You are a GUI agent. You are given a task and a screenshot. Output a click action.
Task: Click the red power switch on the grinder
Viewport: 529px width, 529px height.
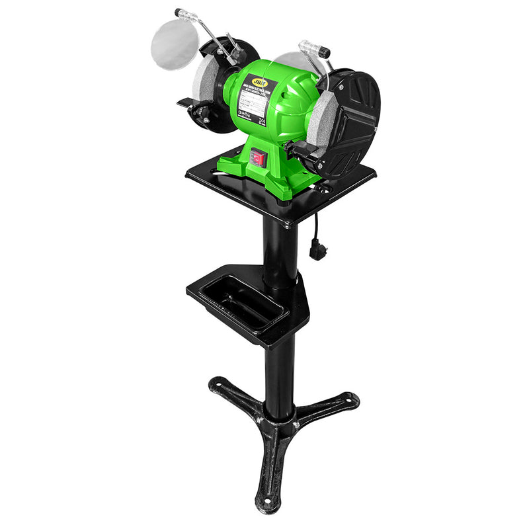258,157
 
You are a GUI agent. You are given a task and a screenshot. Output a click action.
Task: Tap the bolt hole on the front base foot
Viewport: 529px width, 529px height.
267,504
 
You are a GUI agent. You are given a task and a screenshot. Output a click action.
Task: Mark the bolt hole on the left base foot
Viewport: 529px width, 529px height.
217,382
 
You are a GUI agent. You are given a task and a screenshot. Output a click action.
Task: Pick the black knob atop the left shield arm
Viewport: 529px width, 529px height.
179,13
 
